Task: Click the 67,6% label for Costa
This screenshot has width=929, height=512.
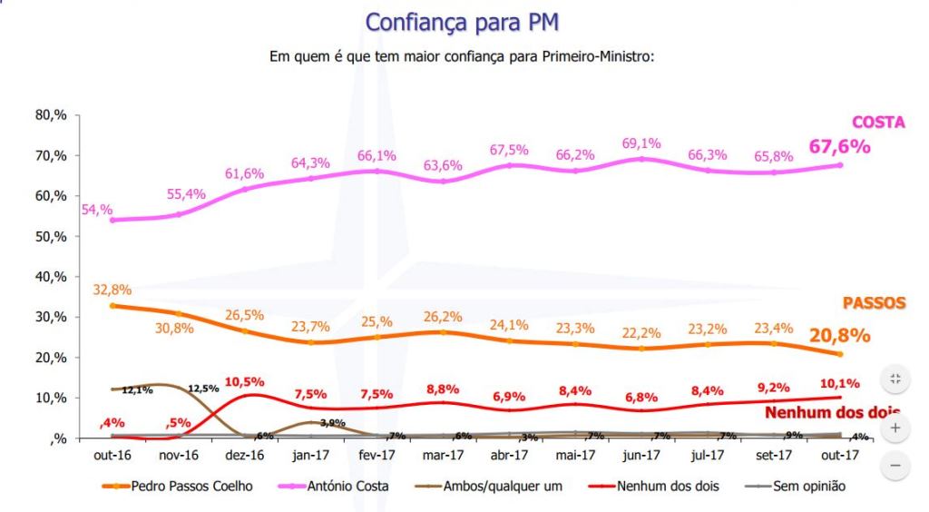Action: pyautogui.click(x=840, y=146)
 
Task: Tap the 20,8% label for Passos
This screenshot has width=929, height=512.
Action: pyautogui.click(x=840, y=335)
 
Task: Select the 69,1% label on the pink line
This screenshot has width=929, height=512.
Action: pyautogui.click(x=642, y=143)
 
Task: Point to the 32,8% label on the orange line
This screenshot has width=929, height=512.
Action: pyautogui.click(x=112, y=290)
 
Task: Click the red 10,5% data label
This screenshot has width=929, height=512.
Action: pyautogui.click(x=243, y=381)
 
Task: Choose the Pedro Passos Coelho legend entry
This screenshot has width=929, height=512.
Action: pyautogui.click(x=193, y=487)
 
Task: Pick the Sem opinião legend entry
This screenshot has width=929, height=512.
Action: pyautogui.click(x=808, y=487)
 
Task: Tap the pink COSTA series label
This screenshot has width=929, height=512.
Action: pyautogui.click(x=877, y=123)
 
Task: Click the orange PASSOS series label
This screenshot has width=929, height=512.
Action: pyautogui.click(x=874, y=303)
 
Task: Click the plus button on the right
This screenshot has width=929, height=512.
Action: pyautogui.click(x=895, y=427)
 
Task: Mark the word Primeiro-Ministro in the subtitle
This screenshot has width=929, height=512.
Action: pyautogui.click(x=595, y=56)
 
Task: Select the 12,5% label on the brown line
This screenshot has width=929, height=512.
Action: pyautogui.click(x=202, y=389)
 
